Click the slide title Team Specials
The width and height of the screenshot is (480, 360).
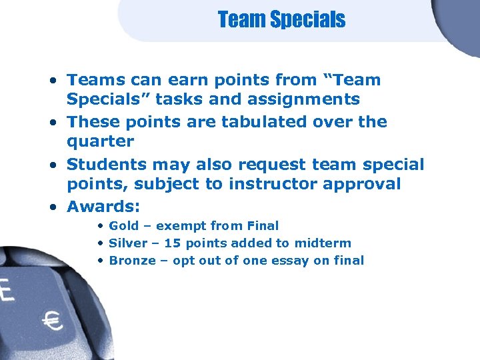[x=281, y=20]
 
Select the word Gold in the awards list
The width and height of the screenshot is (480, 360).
[x=125, y=226]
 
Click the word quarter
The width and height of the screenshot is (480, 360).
[x=101, y=142]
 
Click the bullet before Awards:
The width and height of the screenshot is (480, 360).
[x=53, y=205]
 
